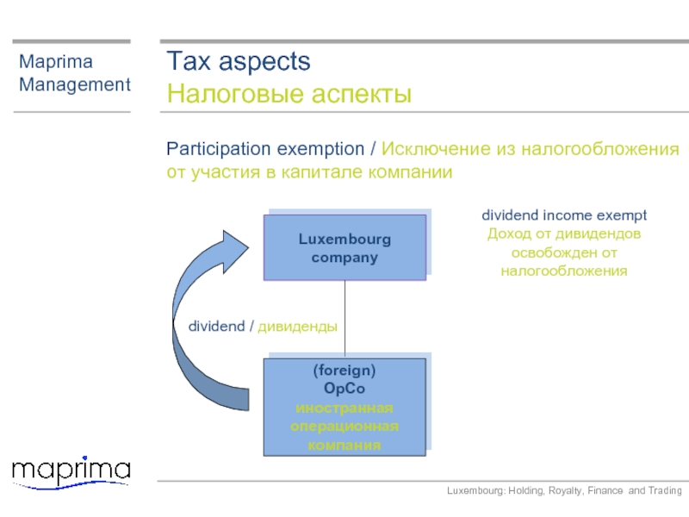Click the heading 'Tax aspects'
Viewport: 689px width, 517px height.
point(239,61)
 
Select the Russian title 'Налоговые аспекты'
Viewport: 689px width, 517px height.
point(289,93)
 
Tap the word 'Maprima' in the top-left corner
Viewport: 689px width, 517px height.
point(56,61)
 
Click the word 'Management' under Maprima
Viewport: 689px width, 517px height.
point(75,84)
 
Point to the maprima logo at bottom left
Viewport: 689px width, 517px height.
point(71,472)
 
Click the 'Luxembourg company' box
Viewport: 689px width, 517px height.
point(345,247)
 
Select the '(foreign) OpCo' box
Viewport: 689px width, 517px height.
point(345,407)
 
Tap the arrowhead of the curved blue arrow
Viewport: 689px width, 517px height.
point(235,251)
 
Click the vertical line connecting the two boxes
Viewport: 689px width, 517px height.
point(345,319)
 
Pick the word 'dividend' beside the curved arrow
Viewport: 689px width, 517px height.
point(217,327)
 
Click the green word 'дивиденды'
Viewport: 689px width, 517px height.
point(297,327)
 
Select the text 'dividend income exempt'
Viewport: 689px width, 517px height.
point(564,215)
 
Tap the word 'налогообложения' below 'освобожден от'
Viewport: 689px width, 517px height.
point(564,271)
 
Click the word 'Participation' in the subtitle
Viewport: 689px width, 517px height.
point(219,149)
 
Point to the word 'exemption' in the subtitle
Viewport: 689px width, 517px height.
point(320,149)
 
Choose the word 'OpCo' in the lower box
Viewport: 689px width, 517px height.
point(344,389)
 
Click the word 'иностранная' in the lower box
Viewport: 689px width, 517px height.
point(344,408)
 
